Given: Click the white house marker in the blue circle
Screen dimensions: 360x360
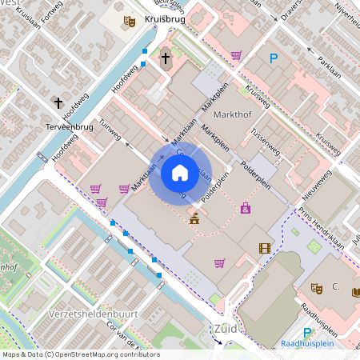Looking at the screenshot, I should (179, 172).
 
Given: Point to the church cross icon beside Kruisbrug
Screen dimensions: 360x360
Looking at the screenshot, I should (166, 58).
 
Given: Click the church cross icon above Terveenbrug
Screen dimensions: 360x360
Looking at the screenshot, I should (58, 102).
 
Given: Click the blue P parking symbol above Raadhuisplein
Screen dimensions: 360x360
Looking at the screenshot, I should (306, 333).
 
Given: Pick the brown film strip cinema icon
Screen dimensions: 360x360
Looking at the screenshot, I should (264, 249).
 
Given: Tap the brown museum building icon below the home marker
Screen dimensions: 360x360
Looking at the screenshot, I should (194, 217).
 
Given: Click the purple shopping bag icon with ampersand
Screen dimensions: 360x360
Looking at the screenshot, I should (246, 209).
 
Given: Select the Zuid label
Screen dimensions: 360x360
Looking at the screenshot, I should (226, 328).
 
